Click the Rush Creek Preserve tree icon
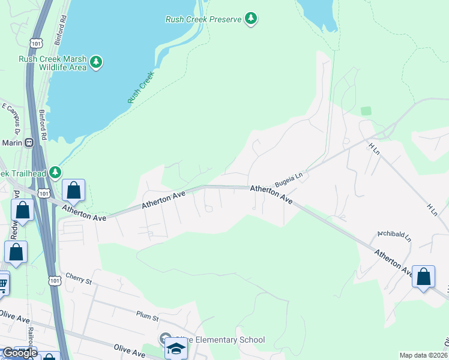click(251, 19)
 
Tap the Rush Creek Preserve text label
click(203, 19)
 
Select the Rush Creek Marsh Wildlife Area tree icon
click(95, 62)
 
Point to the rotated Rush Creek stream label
click(141, 88)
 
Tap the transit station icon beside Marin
click(29, 142)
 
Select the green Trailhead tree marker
click(55, 173)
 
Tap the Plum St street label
click(146, 317)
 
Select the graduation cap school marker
click(176, 348)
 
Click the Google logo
click(19, 353)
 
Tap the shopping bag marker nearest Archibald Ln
click(424, 277)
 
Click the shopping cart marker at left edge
click(2, 284)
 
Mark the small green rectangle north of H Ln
click(366, 111)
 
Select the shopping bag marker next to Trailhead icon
click(73, 191)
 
